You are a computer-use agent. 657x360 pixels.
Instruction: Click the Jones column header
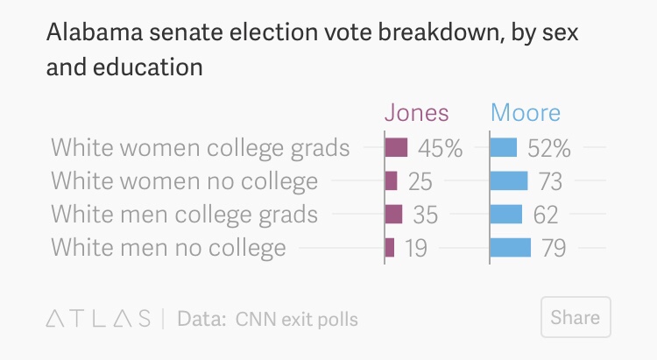417,113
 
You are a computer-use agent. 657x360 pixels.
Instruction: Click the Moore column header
526,113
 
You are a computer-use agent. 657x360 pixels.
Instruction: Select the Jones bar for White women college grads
397,147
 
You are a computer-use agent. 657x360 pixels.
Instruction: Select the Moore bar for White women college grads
504,147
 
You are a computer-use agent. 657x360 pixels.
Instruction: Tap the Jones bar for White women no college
392,180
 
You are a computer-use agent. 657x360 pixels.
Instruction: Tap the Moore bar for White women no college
509,180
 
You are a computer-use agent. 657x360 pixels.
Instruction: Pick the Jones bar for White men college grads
394,214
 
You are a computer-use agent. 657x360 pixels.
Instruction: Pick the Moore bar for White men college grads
506,214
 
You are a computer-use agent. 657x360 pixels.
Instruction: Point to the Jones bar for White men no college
390,247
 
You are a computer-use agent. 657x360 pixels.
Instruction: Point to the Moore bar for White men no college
511,247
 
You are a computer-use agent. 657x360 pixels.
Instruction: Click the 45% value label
439,148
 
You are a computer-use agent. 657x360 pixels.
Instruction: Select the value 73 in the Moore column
550,181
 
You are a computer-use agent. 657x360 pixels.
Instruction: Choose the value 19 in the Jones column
416,248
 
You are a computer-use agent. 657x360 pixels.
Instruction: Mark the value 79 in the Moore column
554,248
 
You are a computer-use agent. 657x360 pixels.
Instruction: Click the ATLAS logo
97,318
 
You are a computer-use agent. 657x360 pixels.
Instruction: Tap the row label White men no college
168,248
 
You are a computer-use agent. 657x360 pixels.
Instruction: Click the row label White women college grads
201,148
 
